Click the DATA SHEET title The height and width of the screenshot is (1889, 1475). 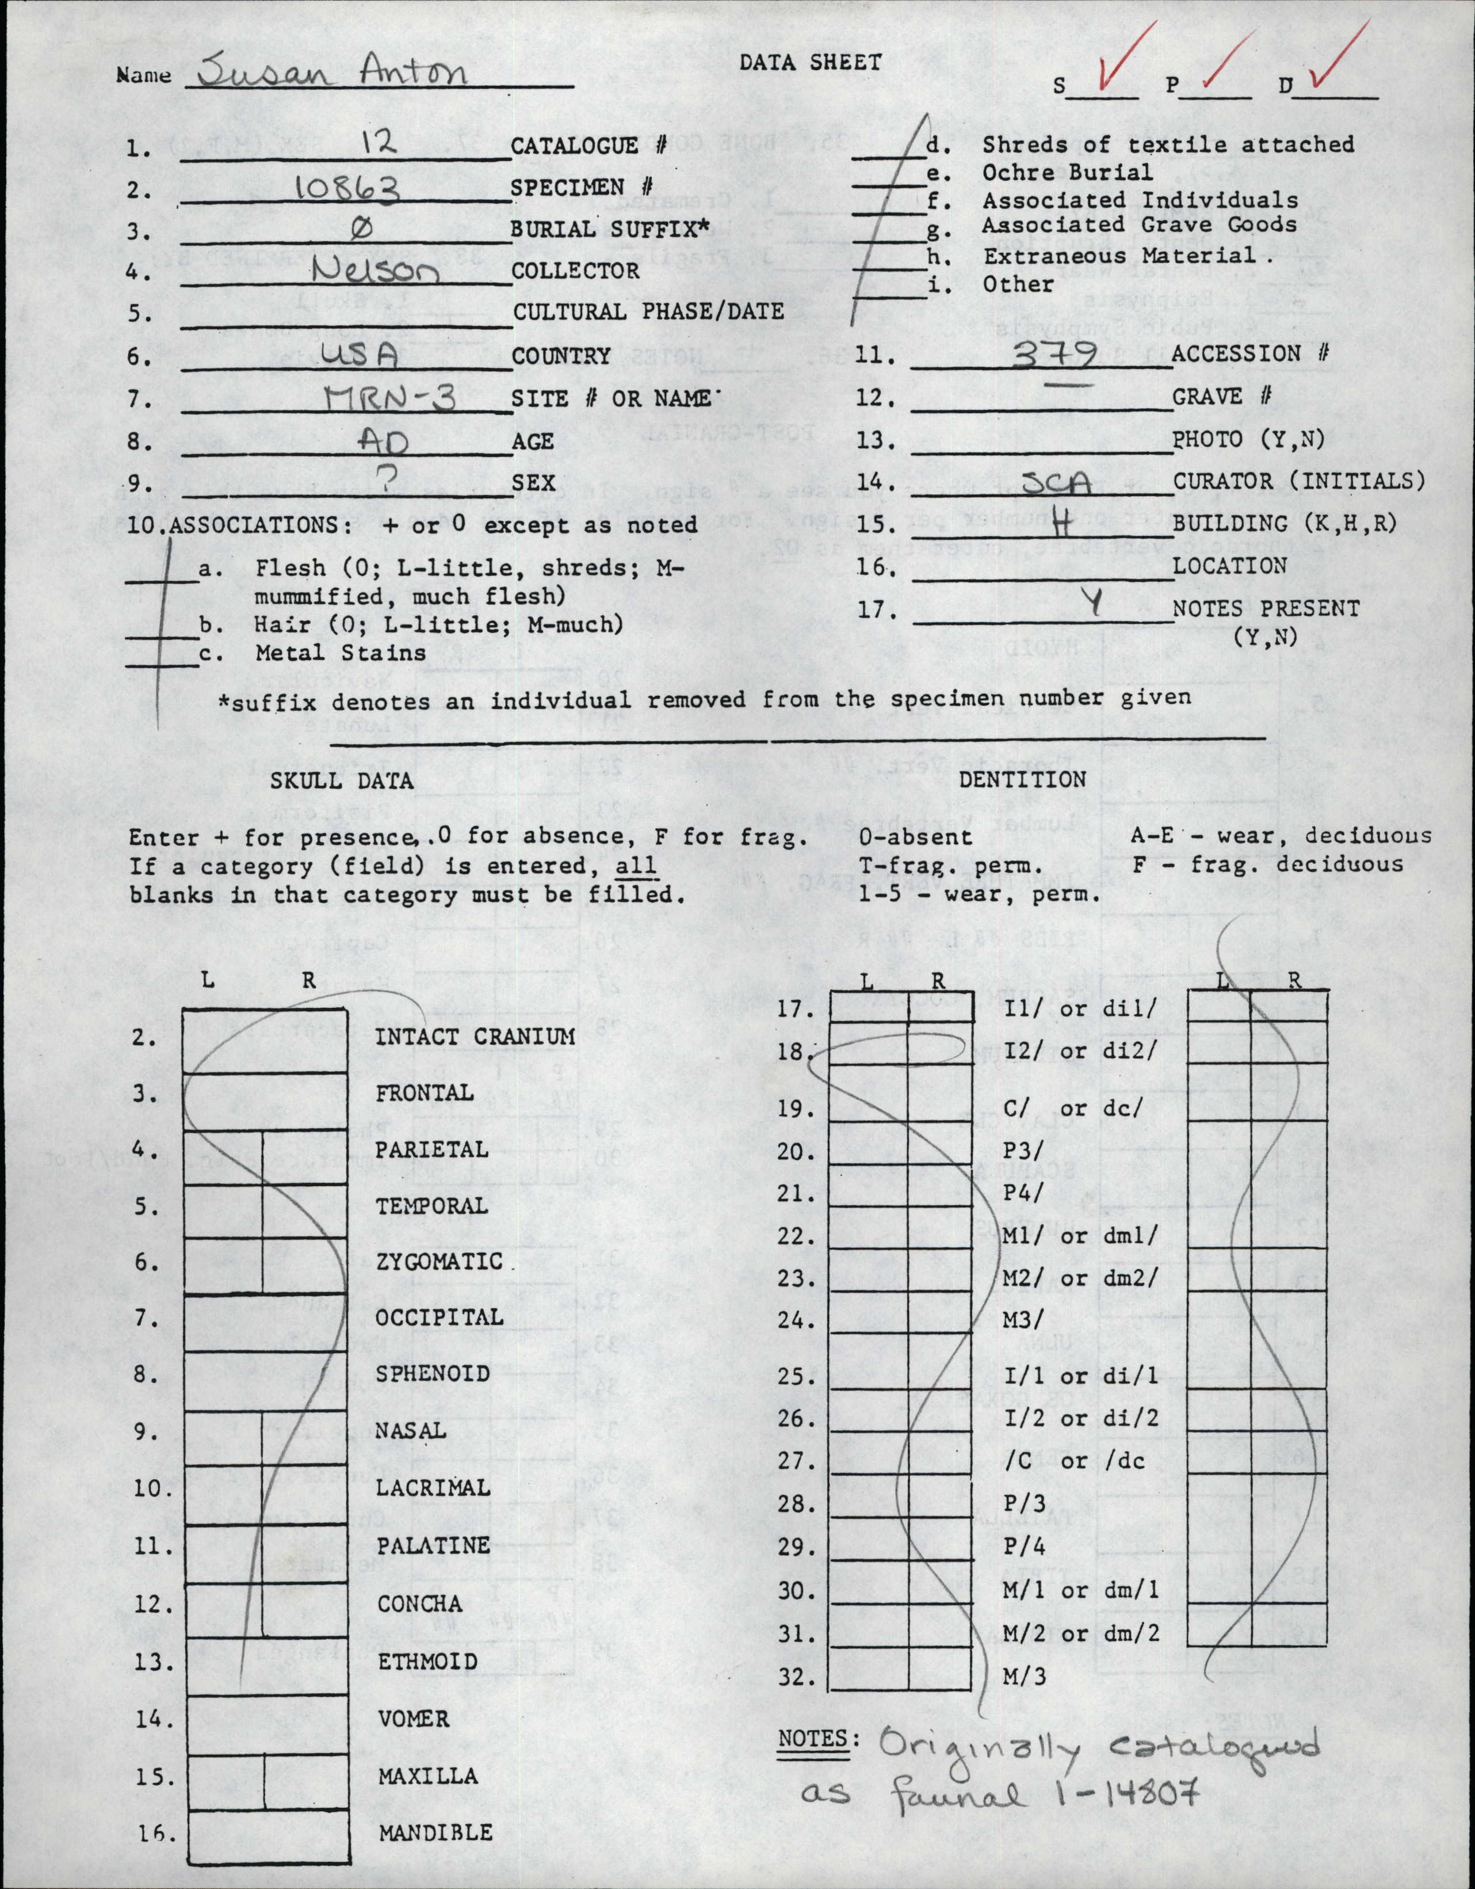click(809, 62)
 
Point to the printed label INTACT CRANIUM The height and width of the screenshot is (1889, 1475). click(475, 1035)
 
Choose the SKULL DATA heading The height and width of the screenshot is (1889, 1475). click(342, 781)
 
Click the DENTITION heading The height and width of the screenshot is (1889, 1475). click(1023, 779)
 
